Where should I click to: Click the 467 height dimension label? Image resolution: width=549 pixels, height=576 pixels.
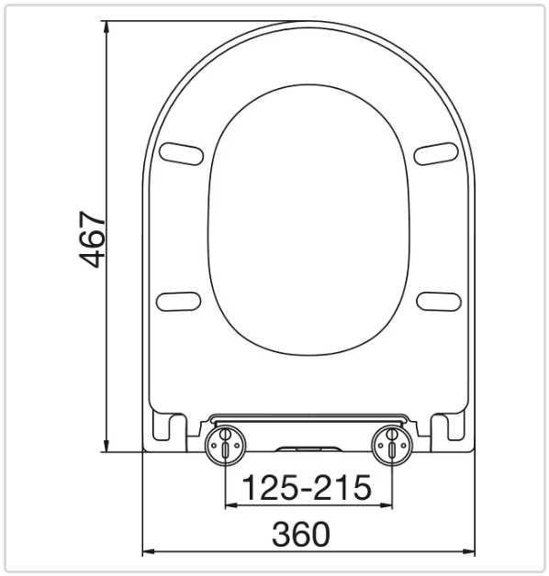coord(93,239)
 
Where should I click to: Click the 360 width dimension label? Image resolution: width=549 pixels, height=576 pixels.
coord(301,534)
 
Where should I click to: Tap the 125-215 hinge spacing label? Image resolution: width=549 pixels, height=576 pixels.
coord(307,487)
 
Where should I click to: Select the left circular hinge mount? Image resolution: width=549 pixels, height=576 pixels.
coord(225,445)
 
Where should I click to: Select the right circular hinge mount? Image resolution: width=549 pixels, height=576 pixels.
coord(392,445)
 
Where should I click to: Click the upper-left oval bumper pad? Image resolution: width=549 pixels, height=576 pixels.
coord(181,153)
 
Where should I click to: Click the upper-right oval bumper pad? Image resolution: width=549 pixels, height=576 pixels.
coord(436,153)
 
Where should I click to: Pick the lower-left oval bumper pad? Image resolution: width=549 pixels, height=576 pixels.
coord(179,301)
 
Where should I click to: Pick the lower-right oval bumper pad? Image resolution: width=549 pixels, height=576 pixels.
coord(438,301)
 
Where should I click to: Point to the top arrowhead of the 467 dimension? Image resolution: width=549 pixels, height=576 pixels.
coord(106,28)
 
